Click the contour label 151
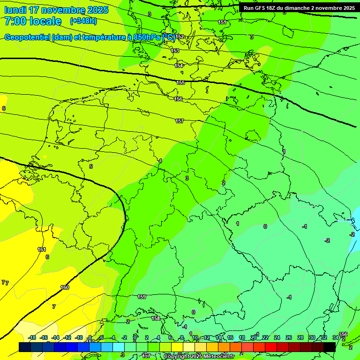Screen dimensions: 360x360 coord(222,22)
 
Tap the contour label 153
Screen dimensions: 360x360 coord(175,51)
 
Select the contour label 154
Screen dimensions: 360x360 coord(179,66)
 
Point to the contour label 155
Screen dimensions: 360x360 coord(180,82)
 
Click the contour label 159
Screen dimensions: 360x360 coord(142,297)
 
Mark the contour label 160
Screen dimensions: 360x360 coord(65,287)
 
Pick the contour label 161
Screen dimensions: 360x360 coord(42,249)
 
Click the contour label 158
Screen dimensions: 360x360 coord(156,318)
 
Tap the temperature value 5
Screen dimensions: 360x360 coord(91,166)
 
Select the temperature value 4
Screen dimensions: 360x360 coord(160,161)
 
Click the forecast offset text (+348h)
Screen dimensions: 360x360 coord(83,21)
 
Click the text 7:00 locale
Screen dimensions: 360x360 coord(33,21)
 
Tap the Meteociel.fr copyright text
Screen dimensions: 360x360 coord(199,357)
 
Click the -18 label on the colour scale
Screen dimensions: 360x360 coord(32,337)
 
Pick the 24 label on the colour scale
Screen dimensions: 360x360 coord(277,337)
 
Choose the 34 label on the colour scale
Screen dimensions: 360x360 coord(335,337)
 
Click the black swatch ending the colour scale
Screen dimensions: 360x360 coord(330,347)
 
